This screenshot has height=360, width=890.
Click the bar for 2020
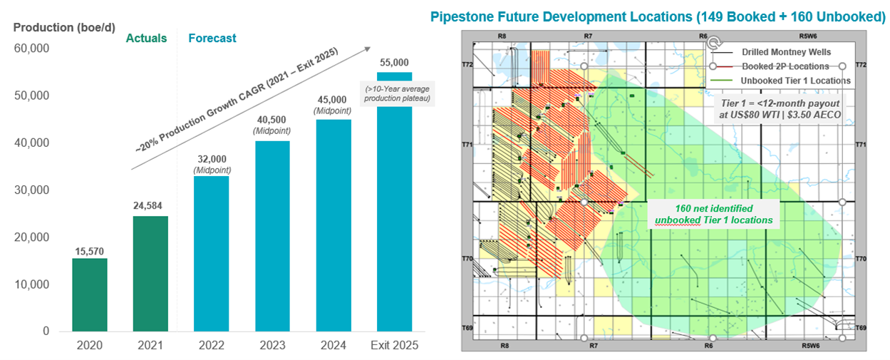pyautogui.click(x=90, y=294)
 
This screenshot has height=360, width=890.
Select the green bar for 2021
pyautogui.click(x=150, y=273)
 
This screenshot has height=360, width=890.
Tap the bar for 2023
pyautogui.click(x=272, y=236)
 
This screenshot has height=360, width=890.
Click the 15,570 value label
pyautogui.click(x=90, y=250)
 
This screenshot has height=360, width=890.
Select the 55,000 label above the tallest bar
pyautogui.click(x=394, y=63)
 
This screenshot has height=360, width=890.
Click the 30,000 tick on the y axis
pyautogui.click(x=31, y=190)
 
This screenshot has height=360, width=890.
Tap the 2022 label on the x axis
pyautogui.click(x=212, y=346)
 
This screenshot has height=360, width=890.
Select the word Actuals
pyautogui.click(x=146, y=38)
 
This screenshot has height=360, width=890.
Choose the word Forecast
pyautogui.click(x=212, y=38)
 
